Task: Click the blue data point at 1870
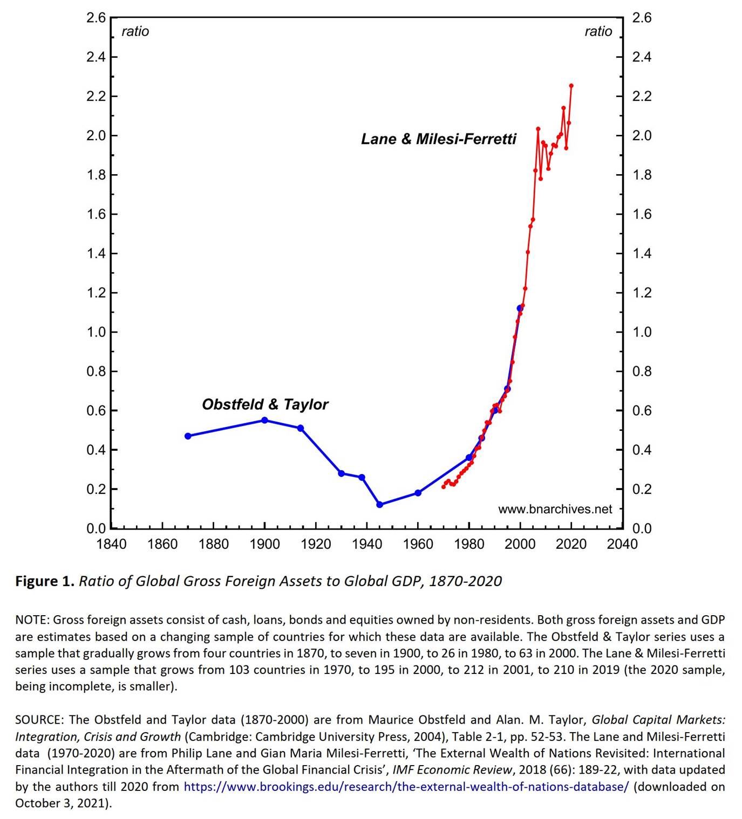pos(188,436)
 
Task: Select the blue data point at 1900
pos(264,420)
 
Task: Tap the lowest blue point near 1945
pos(379,505)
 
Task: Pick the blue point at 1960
pos(418,493)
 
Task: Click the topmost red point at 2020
pos(571,85)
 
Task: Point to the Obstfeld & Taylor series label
pos(264,404)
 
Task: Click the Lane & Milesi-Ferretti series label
pos(438,139)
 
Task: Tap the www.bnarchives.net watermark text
pos(555,509)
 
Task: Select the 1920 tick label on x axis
pos(316,544)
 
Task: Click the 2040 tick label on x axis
pos(622,544)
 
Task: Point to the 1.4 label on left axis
pos(96,253)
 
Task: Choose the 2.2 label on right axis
pos(642,97)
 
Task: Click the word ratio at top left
pos(135,31)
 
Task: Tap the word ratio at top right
pos(598,31)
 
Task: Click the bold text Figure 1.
pos(44,581)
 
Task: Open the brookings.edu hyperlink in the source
pos(406,786)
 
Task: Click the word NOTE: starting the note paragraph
pos(32,620)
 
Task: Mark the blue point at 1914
pos(301,428)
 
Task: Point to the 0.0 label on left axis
pos(96,528)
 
